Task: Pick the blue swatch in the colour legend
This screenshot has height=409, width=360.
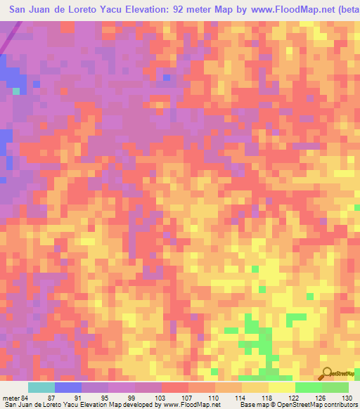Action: pyautogui.click(x=68, y=387)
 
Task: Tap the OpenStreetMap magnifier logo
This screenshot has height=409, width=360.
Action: pyautogui.click(x=329, y=374)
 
